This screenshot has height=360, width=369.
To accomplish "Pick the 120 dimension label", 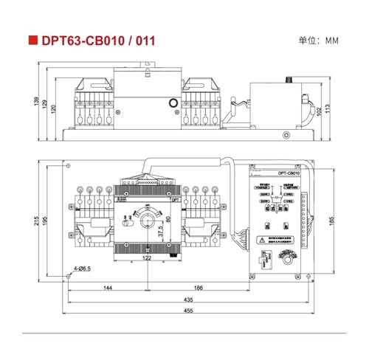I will (53, 107).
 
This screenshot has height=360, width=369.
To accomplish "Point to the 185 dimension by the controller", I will (331, 220).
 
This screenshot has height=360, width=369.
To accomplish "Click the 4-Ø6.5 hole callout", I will (82, 270).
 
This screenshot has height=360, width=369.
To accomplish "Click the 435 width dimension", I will (188, 301).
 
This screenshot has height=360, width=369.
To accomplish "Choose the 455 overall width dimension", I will (188, 312).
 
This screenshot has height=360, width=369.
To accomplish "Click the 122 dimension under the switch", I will (147, 258).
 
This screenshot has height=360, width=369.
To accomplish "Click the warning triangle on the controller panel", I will (263, 241).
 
